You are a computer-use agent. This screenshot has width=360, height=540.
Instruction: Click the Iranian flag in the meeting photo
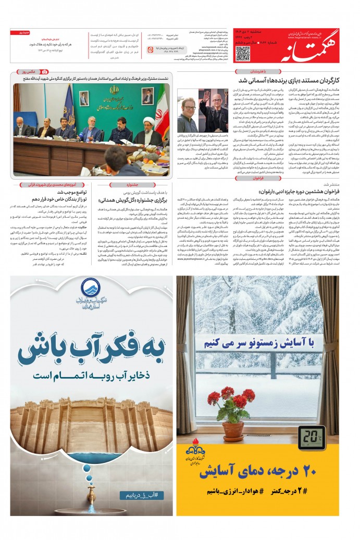tap(160, 106)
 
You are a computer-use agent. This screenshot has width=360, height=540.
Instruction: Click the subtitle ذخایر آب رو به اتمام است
tap(92, 374)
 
